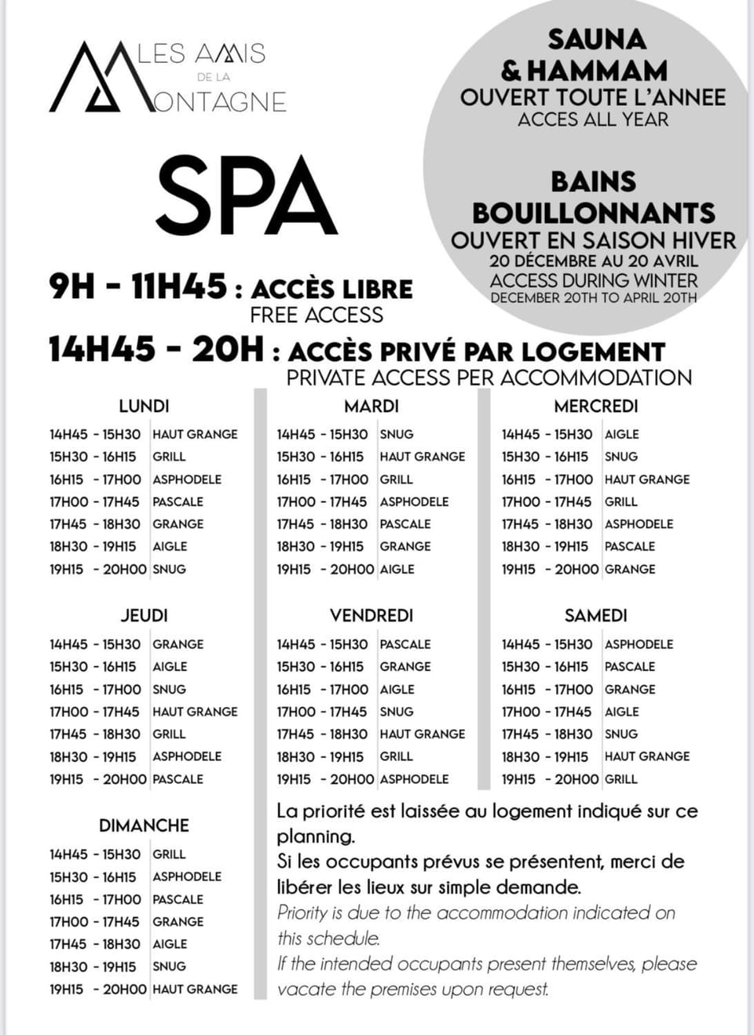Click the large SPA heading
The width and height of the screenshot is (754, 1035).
(246, 196)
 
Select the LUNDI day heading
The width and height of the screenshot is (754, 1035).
(144, 406)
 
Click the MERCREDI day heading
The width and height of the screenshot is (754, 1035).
(596, 406)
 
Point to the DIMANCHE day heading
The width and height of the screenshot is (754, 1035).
(144, 825)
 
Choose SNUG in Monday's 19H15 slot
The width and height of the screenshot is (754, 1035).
(169, 569)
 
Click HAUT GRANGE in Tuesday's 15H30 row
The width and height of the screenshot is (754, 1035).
(422, 457)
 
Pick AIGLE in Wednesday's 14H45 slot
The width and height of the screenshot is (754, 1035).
(621, 434)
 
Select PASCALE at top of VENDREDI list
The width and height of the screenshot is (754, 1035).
(405, 644)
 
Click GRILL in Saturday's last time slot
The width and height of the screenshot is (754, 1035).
(621, 779)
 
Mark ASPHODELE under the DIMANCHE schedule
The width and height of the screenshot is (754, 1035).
(187, 876)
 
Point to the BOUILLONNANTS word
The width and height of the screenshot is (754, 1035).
(594, 213)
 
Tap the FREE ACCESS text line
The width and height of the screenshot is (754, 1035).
(317, 315)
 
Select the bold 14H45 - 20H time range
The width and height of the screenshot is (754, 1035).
(156, 349)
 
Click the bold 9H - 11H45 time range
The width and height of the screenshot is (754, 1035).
(138, 286)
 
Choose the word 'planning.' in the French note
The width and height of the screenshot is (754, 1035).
(316, 836)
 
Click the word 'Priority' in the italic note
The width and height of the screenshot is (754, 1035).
(302, 913)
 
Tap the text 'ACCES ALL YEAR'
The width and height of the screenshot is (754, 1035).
(593, 120)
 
